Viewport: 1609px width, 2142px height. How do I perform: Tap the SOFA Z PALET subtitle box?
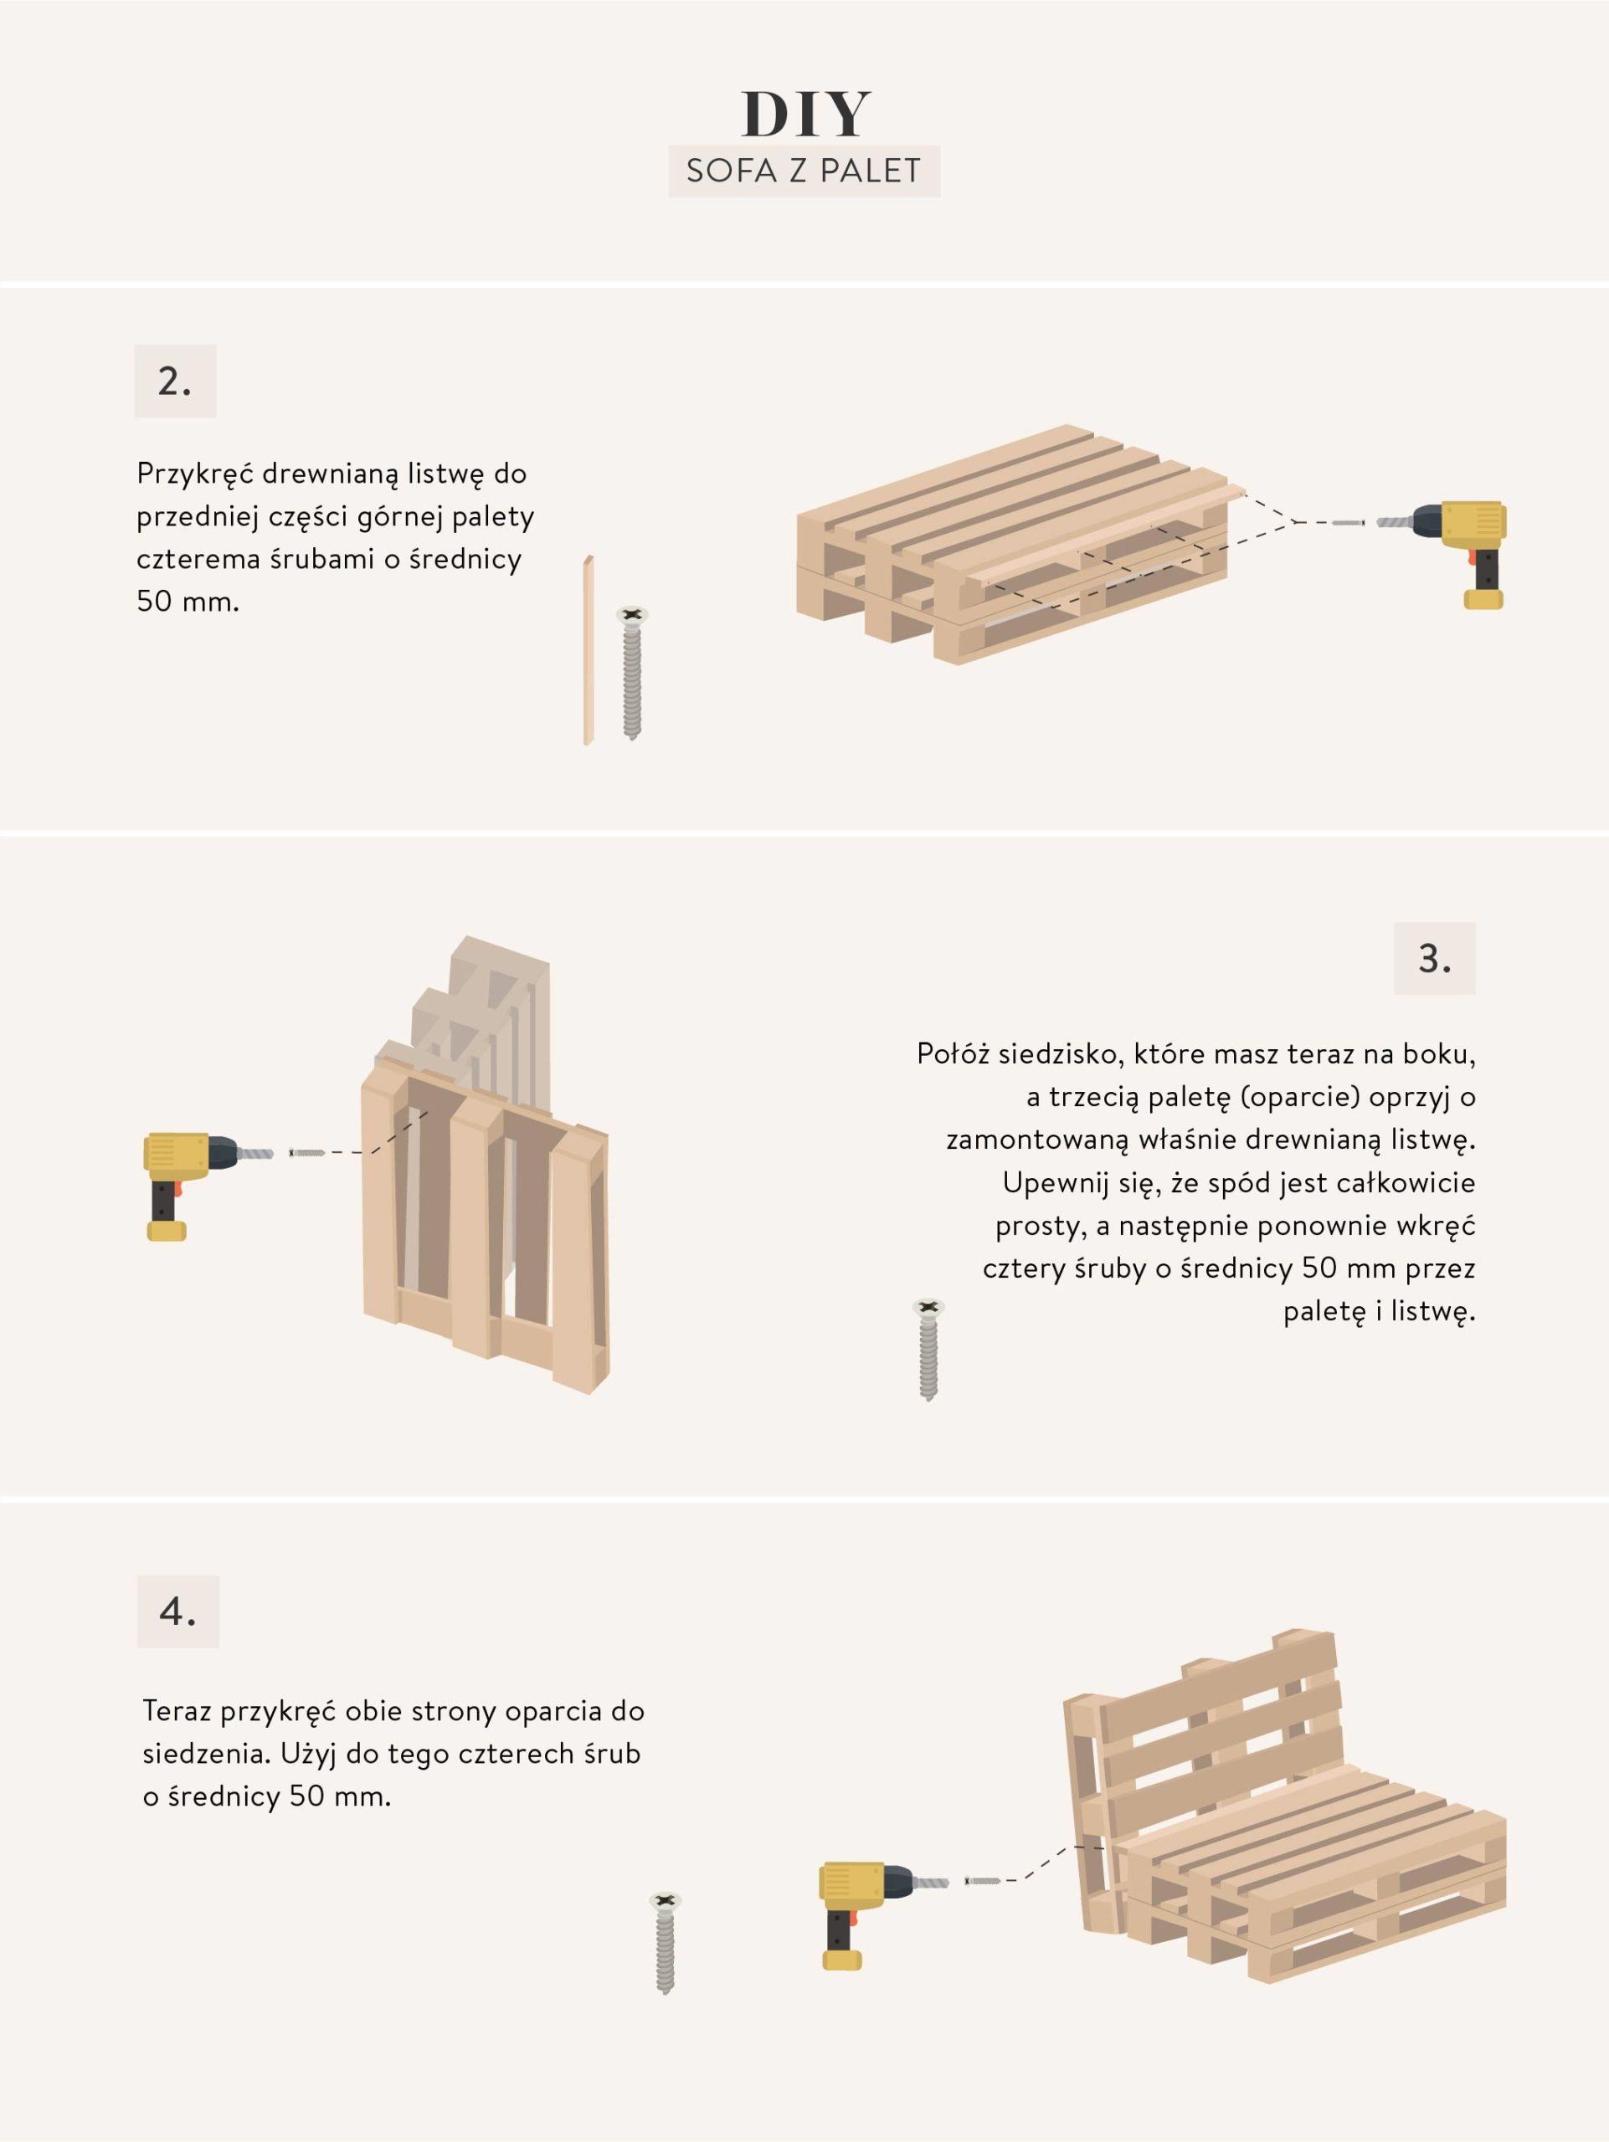(x=804, y=172)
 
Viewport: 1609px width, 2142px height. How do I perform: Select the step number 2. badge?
(x=175, y=382)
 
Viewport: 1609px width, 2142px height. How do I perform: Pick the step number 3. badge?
(x=1435, y=958)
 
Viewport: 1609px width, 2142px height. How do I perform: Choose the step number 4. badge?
(x=178, y=1612)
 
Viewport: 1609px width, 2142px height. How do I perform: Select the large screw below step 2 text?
(x=633, y=673)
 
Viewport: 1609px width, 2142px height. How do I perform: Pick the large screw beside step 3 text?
(x=929, y=1350)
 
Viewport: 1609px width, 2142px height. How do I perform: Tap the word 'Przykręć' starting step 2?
(x=195, y=475)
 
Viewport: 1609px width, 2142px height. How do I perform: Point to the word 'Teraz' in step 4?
(x=177, y=1710)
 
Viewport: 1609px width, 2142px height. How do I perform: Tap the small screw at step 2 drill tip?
(x=1349, y=523)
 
